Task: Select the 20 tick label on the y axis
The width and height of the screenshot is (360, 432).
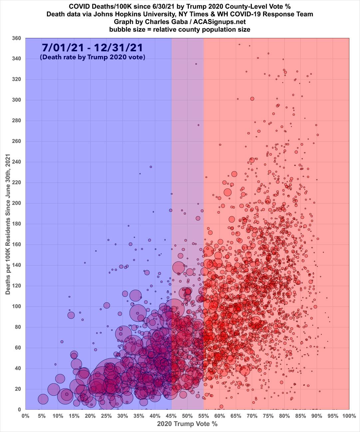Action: pyautogui.click(x=18, y=389)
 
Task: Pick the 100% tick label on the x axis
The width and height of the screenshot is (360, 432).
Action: pyautogui.click(x=348, y=416)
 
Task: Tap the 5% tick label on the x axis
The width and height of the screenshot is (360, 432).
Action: pyautogui.click(x=42, y=416)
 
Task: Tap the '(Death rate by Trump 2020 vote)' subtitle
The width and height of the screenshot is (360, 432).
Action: pyautogui.click(x=93, y=57)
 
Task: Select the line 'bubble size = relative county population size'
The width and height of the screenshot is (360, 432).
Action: pyautogui.click(x=180, y=29)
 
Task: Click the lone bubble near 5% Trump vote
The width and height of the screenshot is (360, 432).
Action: pyautogui.click(x=43, y=399)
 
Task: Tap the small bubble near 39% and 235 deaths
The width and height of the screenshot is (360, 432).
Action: pyautogui.click(x=151, y=167)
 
